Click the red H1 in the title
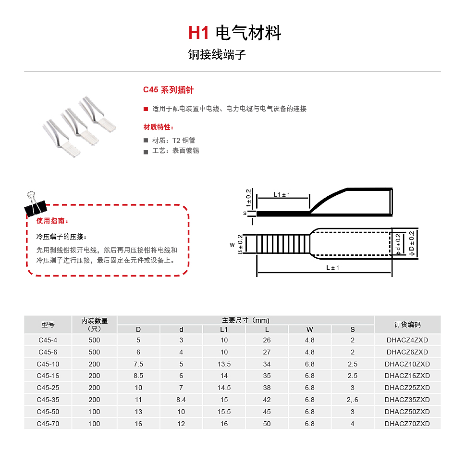(199, 33)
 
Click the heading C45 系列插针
(168, 90)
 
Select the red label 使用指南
(52, 221)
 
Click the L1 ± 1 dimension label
(282, 194)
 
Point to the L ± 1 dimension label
(332, 267)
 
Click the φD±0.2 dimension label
(411, 243)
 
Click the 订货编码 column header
(407, 325)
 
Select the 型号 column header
(48, 325)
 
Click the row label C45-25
(48, 388)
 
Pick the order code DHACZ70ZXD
(407, 424)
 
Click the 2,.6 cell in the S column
(353, 400)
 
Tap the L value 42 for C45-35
(267, 400)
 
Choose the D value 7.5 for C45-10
(138, 364)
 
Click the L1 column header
(224, 329)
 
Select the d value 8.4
(181, 400)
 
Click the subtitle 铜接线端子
(217, 55)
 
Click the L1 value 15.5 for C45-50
(224, 412)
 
